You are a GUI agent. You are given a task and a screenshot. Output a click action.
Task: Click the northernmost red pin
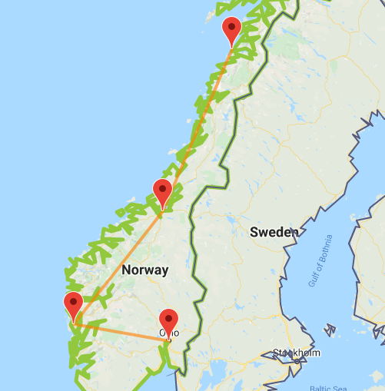pyautogui.click(x=231, y=31)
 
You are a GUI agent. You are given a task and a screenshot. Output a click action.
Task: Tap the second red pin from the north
pyautogui.click(x=162, y=191)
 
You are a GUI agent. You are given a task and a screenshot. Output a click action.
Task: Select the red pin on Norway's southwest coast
pyautogui.click(x=74, y=305)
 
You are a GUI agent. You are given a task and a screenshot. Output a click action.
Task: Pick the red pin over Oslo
pyautogui.click(x=168, y=320)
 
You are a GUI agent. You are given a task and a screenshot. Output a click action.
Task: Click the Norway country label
pyautogui.click(x=144, y=270)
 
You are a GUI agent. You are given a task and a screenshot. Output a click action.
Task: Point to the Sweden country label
pyautogui.click(x=274, y=232)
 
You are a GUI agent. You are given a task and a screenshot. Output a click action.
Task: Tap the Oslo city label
pyautogui.click(x=169, y=333)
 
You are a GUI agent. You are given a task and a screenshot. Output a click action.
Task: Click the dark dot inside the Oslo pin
pyautogui.click(x=168, y=316)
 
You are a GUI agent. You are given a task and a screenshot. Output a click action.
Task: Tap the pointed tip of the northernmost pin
pyautogui.click(x=231, y=48)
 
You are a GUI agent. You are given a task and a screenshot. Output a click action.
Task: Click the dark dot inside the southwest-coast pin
pyautogui.click(x=74, y=300)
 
